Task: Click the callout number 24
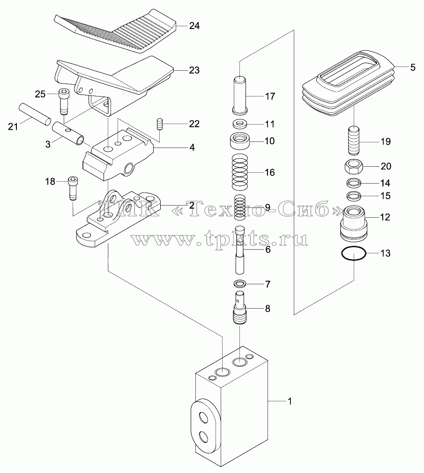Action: [x=194, y=26]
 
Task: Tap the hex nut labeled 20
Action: [x=354, y=167]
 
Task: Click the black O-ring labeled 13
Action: [x=354, y=253]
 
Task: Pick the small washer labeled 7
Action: [x=240, y=284]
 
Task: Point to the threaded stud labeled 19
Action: [x=354, y=141]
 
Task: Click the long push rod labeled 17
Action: [x=240, y=95]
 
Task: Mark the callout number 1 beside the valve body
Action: [x=290, y=401]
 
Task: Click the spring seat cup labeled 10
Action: [x=240, y=140]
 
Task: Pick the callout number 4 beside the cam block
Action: [x=192, y=148]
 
